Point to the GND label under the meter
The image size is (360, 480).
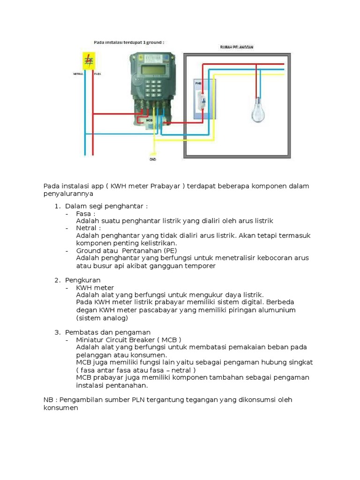pos(153,159)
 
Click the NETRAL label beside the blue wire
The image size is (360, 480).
pos(78,74)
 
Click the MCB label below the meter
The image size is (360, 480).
pos(150,120)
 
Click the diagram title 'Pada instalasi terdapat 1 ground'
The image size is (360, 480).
pos(129,42)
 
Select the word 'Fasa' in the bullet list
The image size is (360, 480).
pos(84,213)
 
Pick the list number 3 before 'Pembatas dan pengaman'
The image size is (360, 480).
pos(57,332)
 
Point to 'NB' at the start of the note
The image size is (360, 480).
pos(48,399)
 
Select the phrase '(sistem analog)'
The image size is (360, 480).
pos(102,318)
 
